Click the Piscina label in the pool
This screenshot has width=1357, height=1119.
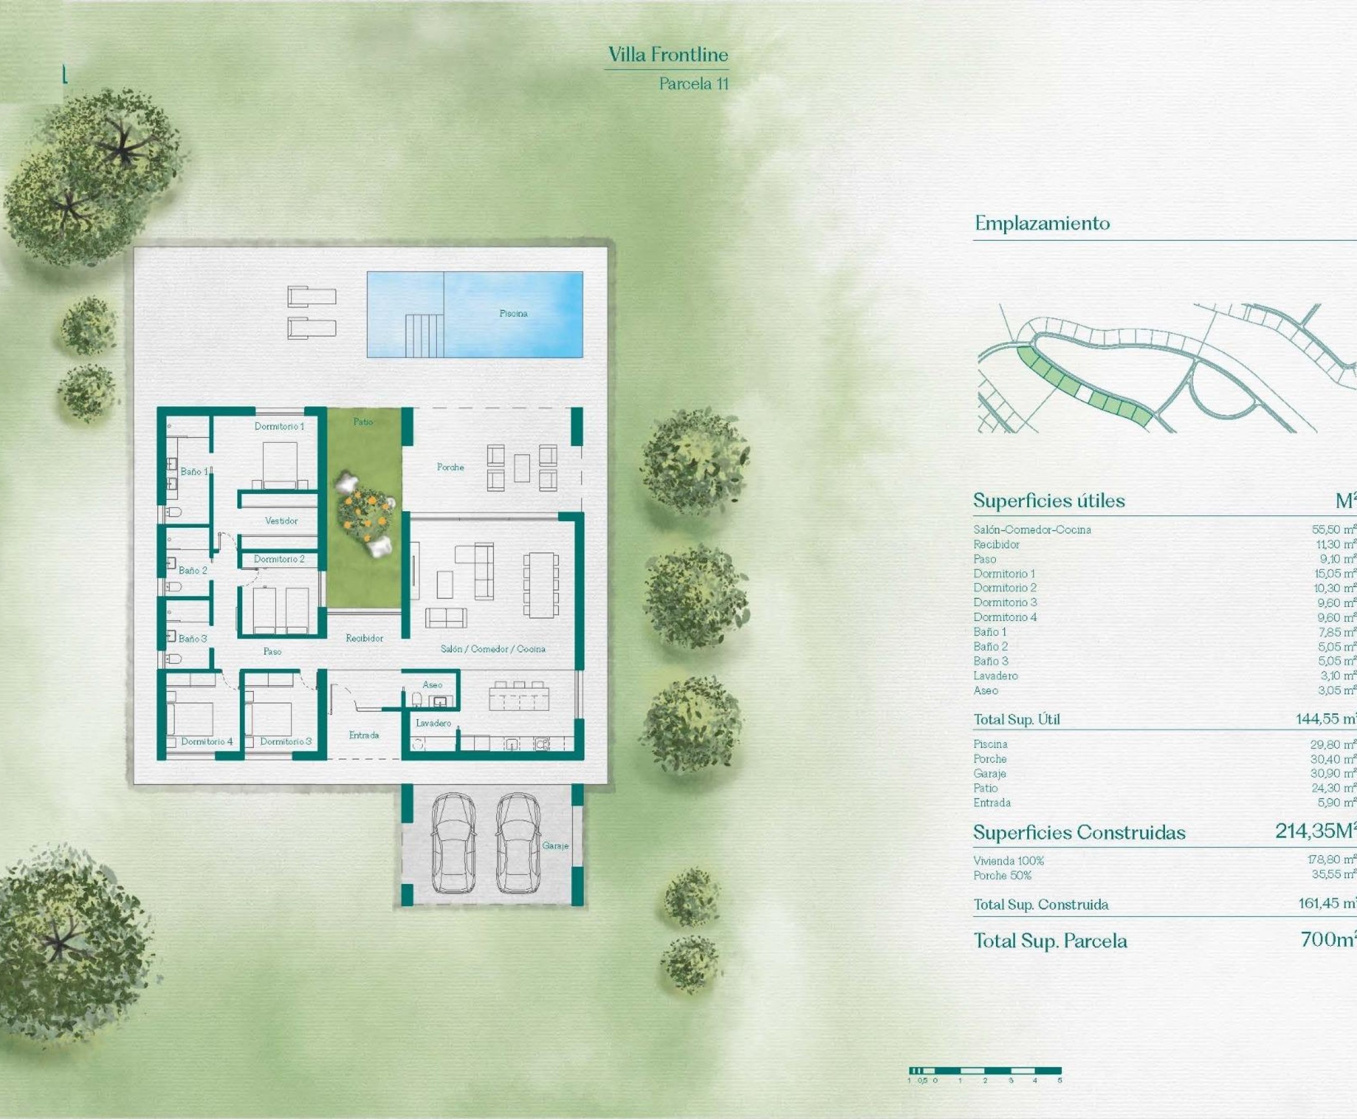[513, 313]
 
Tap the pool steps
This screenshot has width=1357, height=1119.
[424, 335]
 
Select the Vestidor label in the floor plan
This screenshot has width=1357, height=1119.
[281, 520]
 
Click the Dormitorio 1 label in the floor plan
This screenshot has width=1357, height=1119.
[279, 426]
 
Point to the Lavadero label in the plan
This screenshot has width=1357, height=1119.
[433, 723]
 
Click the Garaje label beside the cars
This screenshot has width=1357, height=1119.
[555, 845]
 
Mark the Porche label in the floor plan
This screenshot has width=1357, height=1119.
[450, 466]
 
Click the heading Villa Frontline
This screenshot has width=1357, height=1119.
[668, 55]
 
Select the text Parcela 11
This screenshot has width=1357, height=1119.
[694, 84]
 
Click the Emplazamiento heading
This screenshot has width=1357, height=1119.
[1042, 223]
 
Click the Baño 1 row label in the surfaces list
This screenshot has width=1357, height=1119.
[989, 632]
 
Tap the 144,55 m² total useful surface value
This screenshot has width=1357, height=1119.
[1325, 718]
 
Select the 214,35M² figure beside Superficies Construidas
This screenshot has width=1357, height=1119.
[1315, 831]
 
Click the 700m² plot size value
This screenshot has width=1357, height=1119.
[1328, 939]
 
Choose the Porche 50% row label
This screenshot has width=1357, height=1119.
[1002, 875]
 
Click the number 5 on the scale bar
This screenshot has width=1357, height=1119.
[1059, 1080]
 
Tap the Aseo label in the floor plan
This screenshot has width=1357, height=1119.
[432, 684]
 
